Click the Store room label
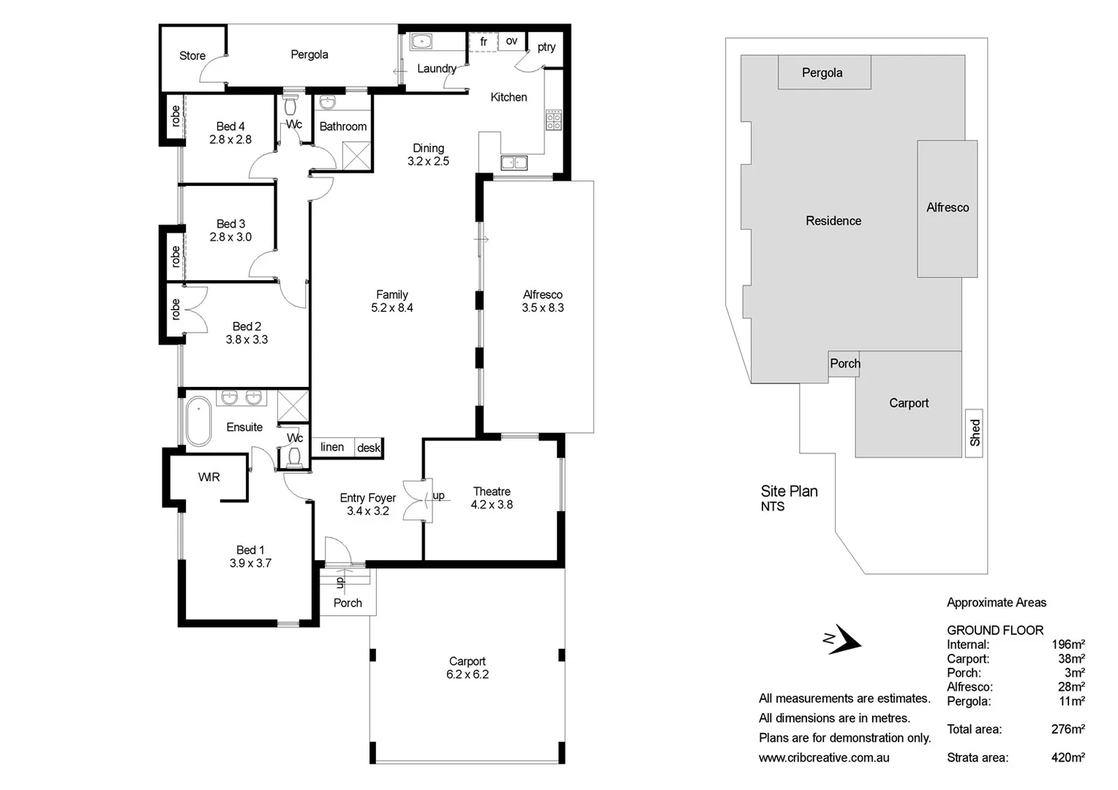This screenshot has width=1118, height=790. [192, 56]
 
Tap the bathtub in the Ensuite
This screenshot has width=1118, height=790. [198, 421]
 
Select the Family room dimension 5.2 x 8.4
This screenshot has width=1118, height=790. [391, 308]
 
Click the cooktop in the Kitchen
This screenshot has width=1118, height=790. [553, 121]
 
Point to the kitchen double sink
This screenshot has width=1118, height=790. [514, 162]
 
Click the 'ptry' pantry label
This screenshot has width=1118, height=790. [546, 48]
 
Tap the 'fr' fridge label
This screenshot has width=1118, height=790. [483, 42]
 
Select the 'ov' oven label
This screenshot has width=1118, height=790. [511, 41]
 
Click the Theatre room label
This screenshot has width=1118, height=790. [492, 492]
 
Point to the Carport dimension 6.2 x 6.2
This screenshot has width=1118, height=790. [467, 674]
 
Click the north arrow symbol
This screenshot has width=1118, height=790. [844, 640]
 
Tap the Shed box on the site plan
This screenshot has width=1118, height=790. [974, 433]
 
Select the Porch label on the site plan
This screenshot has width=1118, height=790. [844, 364]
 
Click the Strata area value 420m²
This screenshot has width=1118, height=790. [1068, 758]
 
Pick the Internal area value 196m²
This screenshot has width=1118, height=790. [1068, 644]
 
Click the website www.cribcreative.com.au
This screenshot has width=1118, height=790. [824, 758]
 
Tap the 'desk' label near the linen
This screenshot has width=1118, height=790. [369, 448]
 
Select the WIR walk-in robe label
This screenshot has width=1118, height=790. [209, 477]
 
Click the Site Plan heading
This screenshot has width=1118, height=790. [789, 492]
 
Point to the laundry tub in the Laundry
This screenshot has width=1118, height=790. [421, 42]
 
